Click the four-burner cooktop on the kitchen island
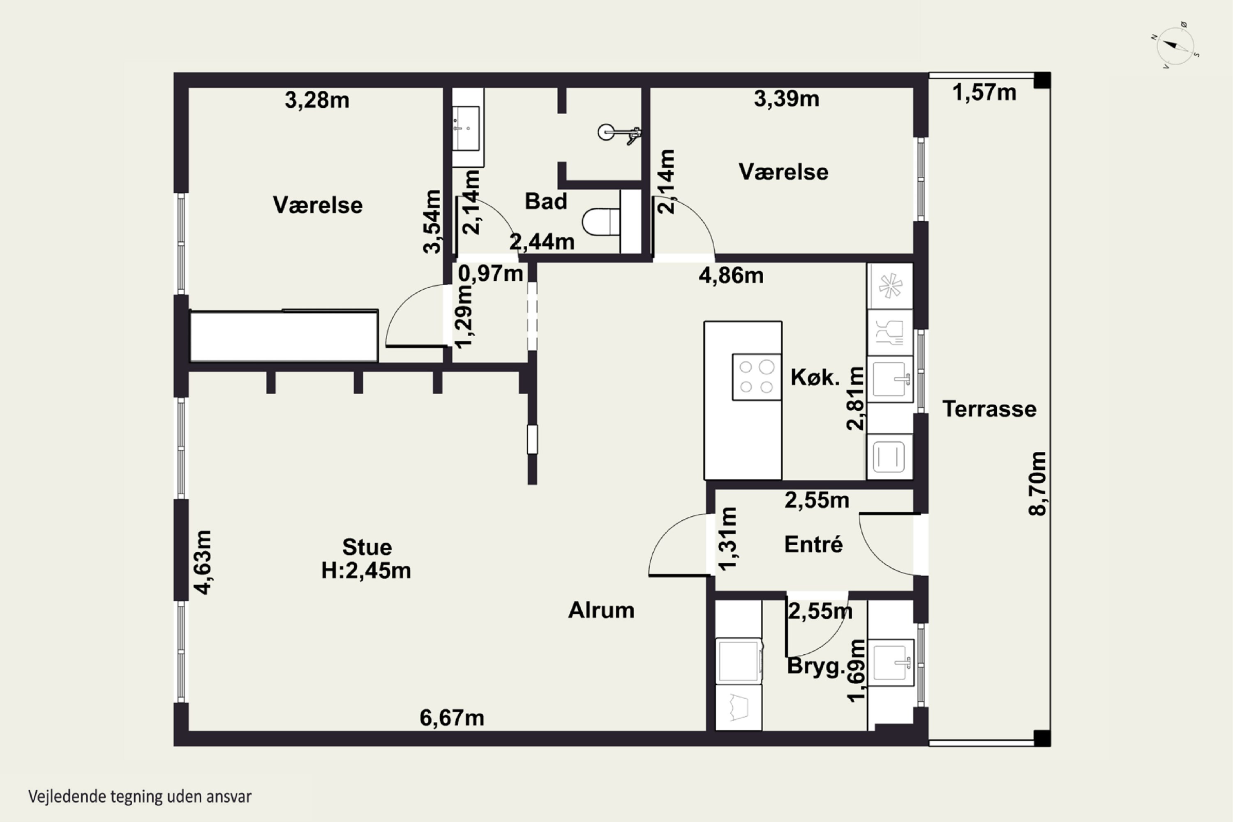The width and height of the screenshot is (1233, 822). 757,377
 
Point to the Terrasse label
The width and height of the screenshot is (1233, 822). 989,409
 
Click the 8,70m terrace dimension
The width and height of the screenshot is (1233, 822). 1037,484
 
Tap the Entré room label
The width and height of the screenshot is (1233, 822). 813,544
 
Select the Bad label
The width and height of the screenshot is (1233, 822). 546,201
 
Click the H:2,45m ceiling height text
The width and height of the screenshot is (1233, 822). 366,570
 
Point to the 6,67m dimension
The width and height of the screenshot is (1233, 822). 452,718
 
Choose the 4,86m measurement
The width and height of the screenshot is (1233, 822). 731,275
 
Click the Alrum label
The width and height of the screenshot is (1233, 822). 601,610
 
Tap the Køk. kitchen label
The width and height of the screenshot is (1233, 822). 815,377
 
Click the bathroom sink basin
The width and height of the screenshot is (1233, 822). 466,128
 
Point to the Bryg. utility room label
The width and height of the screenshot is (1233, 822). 816,667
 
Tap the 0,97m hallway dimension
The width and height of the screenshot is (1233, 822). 490,273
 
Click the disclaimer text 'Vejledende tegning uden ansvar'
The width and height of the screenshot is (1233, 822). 140,797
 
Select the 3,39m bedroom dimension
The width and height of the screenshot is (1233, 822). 786,99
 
